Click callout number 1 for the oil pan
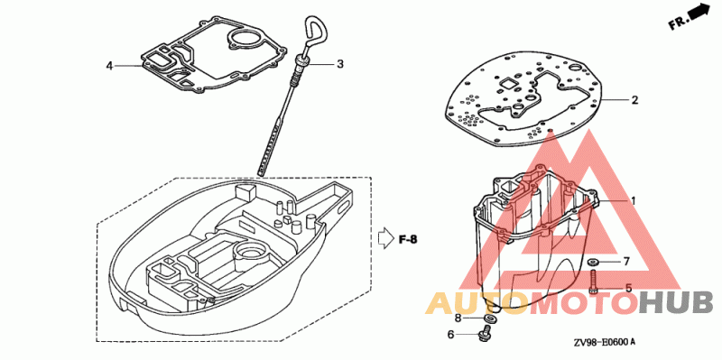(634, 200)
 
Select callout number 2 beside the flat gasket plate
(634, 99)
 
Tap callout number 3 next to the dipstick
(340, 64)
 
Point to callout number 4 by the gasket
(109, 66)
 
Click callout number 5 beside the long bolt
(628, 288)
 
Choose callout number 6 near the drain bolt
(450, 334)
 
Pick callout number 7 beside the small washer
(625, 262)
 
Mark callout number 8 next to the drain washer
(458, 318)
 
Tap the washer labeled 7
(593, 262)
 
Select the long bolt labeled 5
(593, 282)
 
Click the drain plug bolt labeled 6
(485, 333)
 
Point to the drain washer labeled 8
(489, 319)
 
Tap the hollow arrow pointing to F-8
(385, 238)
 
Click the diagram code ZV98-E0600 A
(605, 343)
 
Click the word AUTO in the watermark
(476, 303)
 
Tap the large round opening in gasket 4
(245, 39)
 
